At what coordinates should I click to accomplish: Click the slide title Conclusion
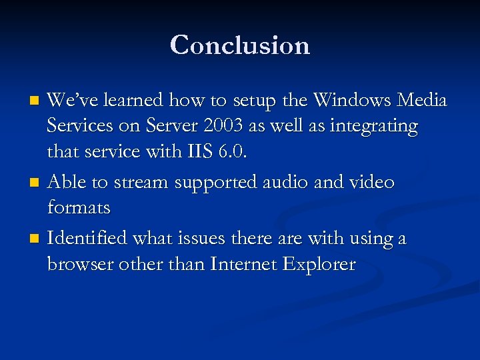(240, 45)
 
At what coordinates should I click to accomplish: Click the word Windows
(352, 101)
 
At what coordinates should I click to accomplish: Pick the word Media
(421, 101)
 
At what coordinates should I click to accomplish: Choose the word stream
(142, 182)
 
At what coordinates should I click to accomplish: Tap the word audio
(286, 182)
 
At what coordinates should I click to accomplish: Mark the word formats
(79, 209)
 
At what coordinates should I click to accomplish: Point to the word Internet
(243, 264)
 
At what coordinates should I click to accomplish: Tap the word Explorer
(319, 265)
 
